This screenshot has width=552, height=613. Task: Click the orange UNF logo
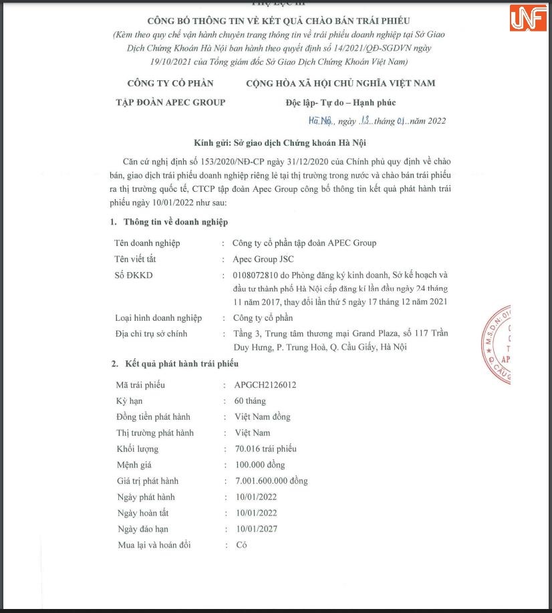coord(527,18)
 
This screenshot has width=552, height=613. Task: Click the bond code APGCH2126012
coord(265,385)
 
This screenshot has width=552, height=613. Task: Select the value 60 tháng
coord(250,401)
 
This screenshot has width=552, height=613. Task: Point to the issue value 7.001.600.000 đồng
coord(271,481)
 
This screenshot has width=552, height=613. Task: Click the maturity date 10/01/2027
coord(256,529)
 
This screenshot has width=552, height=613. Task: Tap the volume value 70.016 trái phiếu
coord(265,449)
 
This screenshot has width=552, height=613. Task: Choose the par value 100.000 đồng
coord(260,465)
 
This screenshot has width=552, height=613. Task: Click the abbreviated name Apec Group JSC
coord(263,259)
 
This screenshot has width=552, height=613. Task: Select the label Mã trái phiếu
coord(140,385)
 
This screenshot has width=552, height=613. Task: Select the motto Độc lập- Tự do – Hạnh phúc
coord(340,103)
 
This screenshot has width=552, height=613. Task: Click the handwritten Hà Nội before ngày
coord(321,121)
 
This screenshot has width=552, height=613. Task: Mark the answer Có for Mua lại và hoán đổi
coord(241,545)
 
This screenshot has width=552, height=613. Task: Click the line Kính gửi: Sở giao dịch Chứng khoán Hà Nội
coord(279,143)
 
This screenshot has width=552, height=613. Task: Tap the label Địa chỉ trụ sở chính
coord(151,334)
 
